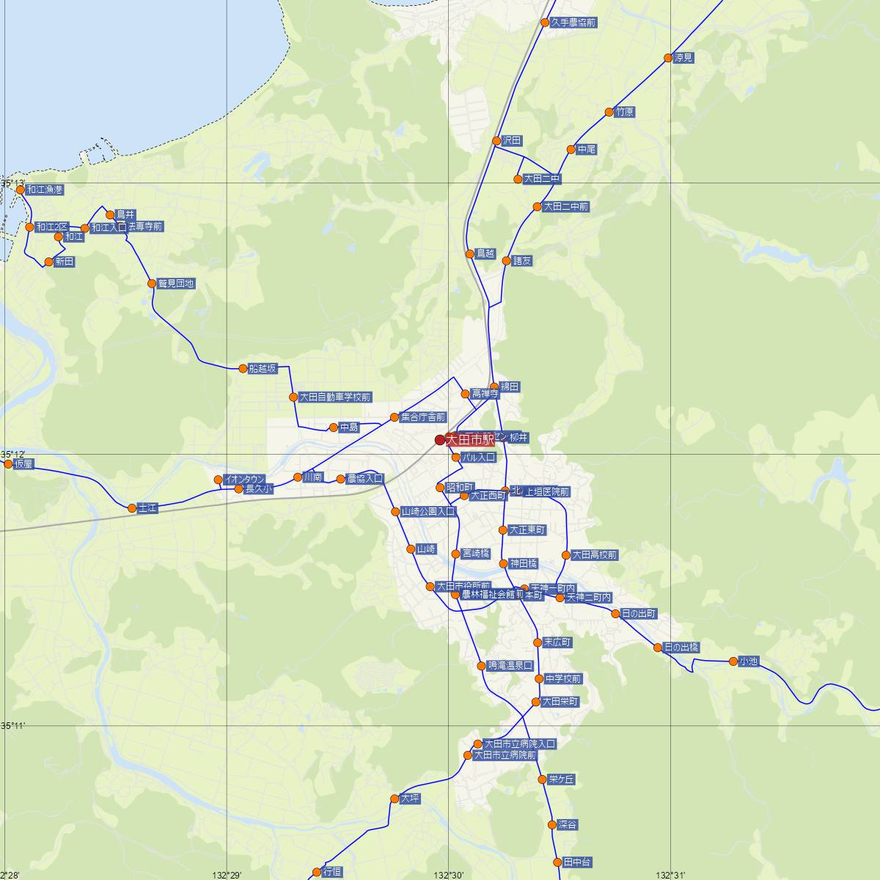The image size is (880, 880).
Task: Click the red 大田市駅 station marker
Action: (x=440, y=440)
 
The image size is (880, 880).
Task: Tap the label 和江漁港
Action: (x=45, y=190)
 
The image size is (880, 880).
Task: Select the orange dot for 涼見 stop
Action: (x=668, y=58)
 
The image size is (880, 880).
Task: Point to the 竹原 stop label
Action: (x=625, y=112)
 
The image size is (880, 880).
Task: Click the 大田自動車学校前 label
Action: (x=335, y=397)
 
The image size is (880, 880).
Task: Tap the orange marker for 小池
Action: (x=733, y=661)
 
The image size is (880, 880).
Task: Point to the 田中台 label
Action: (x=577, y=862)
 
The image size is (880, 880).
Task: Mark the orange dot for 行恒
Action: (x=317, y=872)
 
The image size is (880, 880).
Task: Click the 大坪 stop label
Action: (x=411, y=799)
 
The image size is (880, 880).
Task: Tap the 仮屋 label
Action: (x=23, y=464)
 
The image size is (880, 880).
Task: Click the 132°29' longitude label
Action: (x=227, y=875)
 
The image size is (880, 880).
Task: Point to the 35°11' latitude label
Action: (x=13, y=726)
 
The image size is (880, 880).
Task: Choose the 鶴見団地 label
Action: (x=176, y=284)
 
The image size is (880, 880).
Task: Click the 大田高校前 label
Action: (x=595, y=556)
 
